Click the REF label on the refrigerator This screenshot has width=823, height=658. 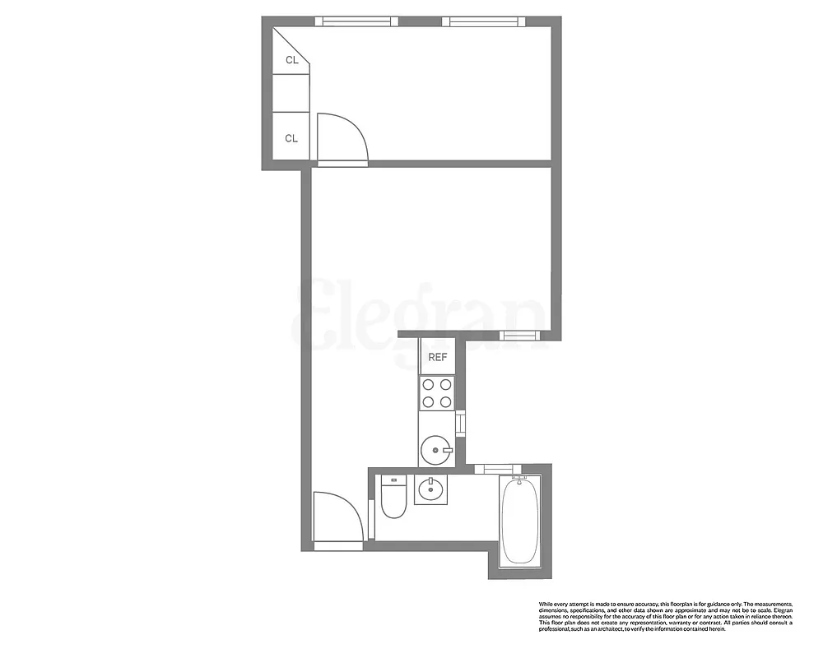point(438,357)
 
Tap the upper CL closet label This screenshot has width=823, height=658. point(291,60)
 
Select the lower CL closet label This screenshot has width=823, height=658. point(291,138)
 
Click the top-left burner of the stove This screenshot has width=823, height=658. point(428,384)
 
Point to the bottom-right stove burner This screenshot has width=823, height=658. point(446,402)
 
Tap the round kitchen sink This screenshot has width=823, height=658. point(435,450)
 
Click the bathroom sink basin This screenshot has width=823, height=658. point(430,490)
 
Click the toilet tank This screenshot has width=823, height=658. point(394,482)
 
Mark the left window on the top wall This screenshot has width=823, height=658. point(356,21)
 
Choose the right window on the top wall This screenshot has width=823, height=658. point(482,21)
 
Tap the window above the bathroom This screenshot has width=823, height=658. point(493,469)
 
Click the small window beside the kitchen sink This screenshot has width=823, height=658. point(461,423)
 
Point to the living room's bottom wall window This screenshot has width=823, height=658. point(520,335)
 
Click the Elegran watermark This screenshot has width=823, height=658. point(420,317)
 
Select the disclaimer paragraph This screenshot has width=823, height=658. point(665,616)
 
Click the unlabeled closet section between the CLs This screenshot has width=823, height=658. point(291,93)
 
